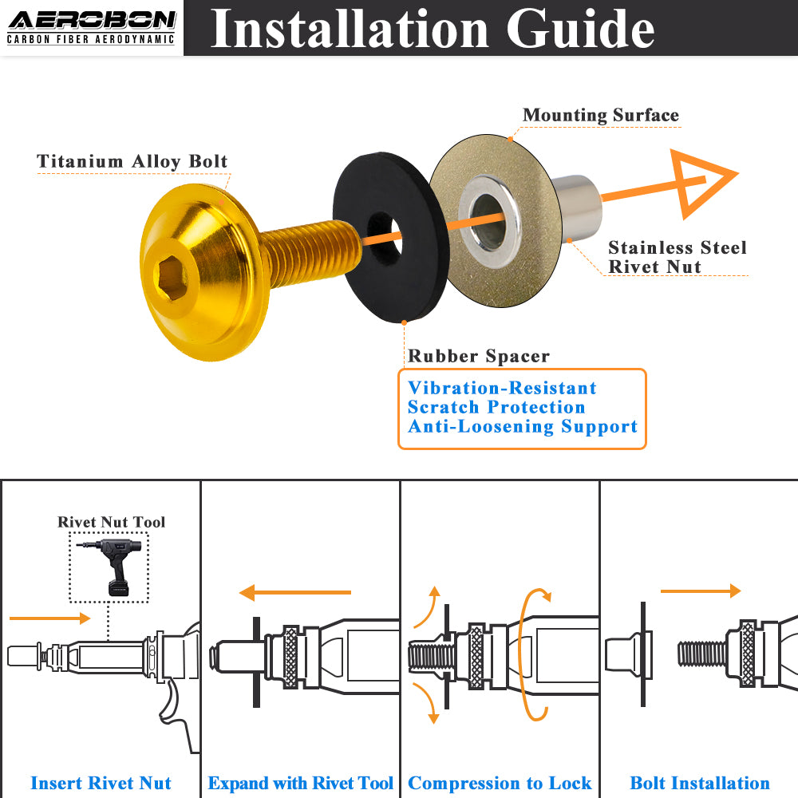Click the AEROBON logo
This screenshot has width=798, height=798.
91,26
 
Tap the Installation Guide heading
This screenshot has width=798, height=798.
432,29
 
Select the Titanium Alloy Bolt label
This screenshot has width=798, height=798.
132,161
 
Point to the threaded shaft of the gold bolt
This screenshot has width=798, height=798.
307,254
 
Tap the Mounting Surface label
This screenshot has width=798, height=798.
600,115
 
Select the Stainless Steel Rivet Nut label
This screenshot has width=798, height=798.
678,257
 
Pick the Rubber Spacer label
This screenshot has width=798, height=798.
479,356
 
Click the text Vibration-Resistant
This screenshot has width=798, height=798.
502,389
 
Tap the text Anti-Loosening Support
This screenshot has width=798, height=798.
523,427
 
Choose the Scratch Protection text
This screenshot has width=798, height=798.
496,408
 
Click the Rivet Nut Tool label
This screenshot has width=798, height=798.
111,522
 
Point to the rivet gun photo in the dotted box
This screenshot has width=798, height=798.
109,565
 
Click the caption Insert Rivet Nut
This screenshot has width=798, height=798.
101,783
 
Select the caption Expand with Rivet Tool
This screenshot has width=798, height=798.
300,783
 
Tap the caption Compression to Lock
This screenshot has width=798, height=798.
500,783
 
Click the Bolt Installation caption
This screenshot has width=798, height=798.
700,783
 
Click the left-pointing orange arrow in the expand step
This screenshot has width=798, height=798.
294,592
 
